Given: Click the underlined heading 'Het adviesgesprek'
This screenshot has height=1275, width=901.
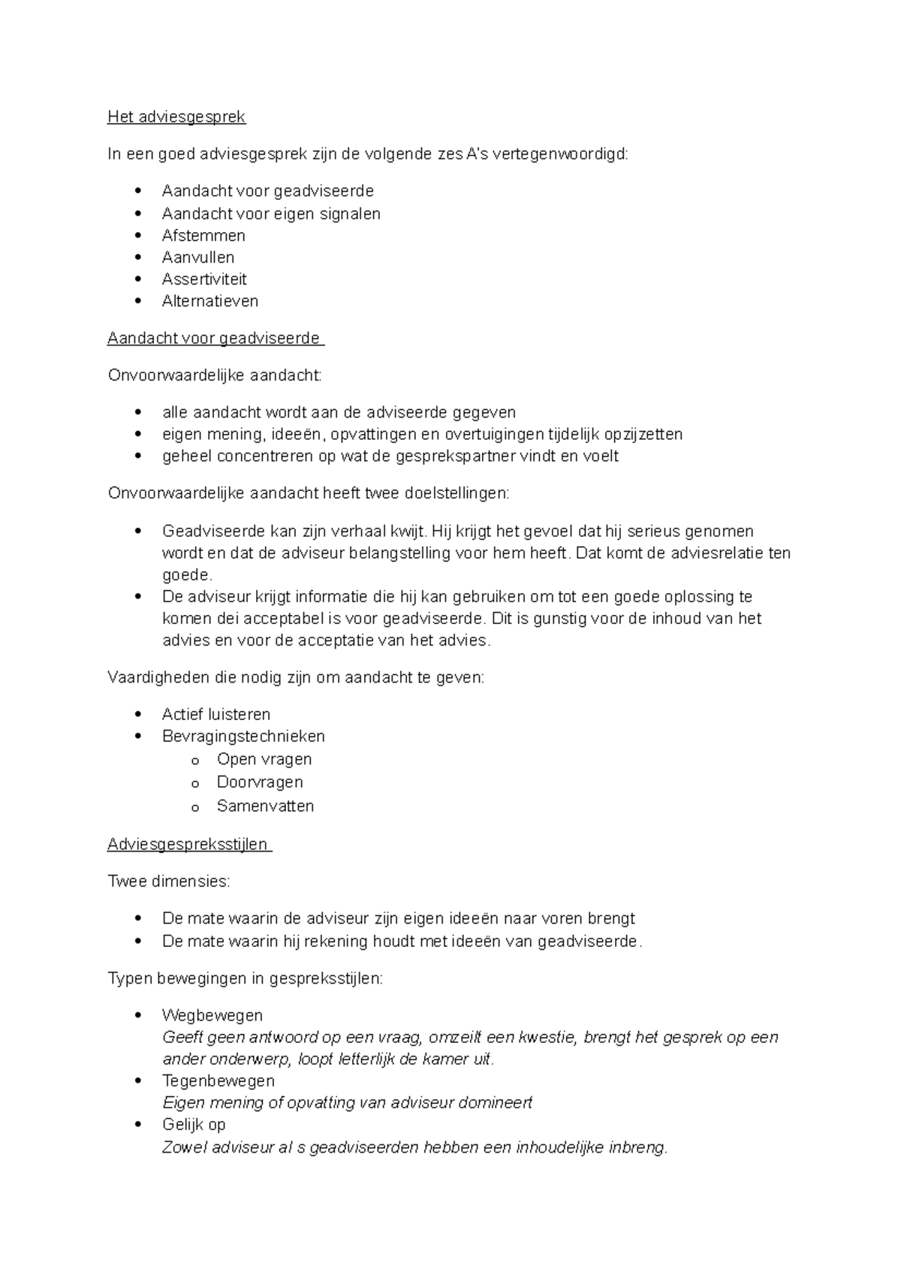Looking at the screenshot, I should [176, 117].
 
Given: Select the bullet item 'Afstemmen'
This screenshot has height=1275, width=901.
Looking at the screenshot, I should [203, 236].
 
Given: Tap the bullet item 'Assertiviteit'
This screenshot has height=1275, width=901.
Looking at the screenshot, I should [204, 279].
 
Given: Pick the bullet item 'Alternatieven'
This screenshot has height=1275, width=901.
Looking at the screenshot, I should [210, 301].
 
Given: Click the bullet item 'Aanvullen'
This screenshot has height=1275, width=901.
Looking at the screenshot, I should [198, 258].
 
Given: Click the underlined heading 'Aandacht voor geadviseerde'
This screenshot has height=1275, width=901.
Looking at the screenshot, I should [214, 339].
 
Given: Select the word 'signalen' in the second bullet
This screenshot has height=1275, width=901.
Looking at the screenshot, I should [351, 214].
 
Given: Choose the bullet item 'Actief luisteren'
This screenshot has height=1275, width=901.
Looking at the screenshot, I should [216, 714].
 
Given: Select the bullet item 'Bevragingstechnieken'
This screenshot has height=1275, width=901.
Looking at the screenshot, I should [243, 736].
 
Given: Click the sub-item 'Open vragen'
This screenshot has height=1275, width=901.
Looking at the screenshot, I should [264, 759].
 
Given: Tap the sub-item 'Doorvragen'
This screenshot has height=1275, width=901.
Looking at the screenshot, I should [260, 782].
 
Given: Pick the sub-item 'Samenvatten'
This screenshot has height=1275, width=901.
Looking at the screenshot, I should [265, 806].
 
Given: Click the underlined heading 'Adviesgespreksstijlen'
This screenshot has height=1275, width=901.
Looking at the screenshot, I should [188, 845].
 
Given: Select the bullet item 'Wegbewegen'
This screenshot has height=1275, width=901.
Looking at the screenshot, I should [212, 1015].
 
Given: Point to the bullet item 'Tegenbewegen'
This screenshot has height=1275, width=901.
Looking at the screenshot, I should [218, 1081].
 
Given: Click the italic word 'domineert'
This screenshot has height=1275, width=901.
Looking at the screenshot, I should [495, 1102].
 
